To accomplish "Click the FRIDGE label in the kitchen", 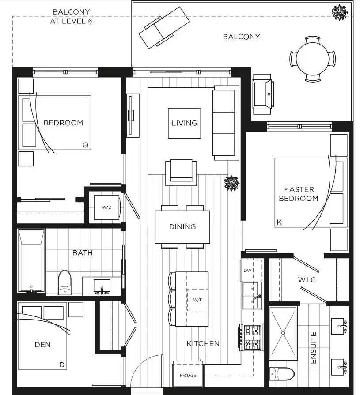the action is (x=188, y=375).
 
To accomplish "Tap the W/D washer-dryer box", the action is (x=106, y=207).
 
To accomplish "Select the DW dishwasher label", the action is (x=247, y=270).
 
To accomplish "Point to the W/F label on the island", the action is (x=197, y=300).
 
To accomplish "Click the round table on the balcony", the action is (x=313, y=59).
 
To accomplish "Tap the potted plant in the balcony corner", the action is (x=340, y=12).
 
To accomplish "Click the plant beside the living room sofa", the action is (x=231, y=183).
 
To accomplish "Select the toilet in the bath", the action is (x=65, y=282).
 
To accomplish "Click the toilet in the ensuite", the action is (x=282, y=374).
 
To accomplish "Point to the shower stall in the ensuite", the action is (x=283, y=333).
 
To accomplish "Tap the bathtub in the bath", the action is (x=31, y=261).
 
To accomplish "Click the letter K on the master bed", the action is (x=279, y=222).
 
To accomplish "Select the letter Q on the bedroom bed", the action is (x=86, y=145).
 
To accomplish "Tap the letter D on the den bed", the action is (x=62, y=365).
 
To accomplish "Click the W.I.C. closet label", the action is (x=307, y=280).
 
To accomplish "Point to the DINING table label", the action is (x=182, y=227).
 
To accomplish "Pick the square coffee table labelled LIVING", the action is (x=185, y=123).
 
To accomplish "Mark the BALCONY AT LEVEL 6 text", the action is (x=72, y=16).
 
